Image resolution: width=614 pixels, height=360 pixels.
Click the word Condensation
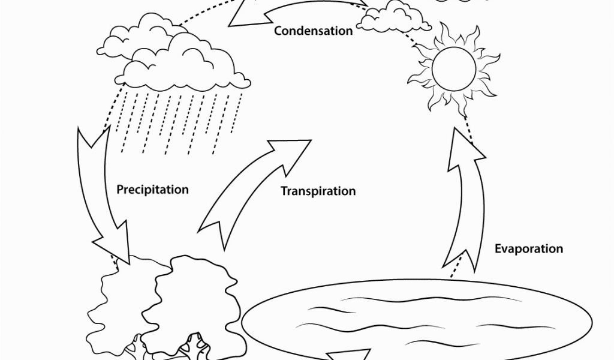tap(313, 31)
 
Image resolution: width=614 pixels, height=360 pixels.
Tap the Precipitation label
tap(153, 190)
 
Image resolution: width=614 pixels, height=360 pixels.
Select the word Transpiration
tap(318, 191)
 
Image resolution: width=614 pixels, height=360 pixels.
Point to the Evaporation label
tap(529, 249)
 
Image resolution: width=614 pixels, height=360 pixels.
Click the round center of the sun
tap(454, 70)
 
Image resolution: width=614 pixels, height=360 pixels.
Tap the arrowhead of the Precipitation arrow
tap(113, 243)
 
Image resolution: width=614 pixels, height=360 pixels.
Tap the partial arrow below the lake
tap(348, 355)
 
